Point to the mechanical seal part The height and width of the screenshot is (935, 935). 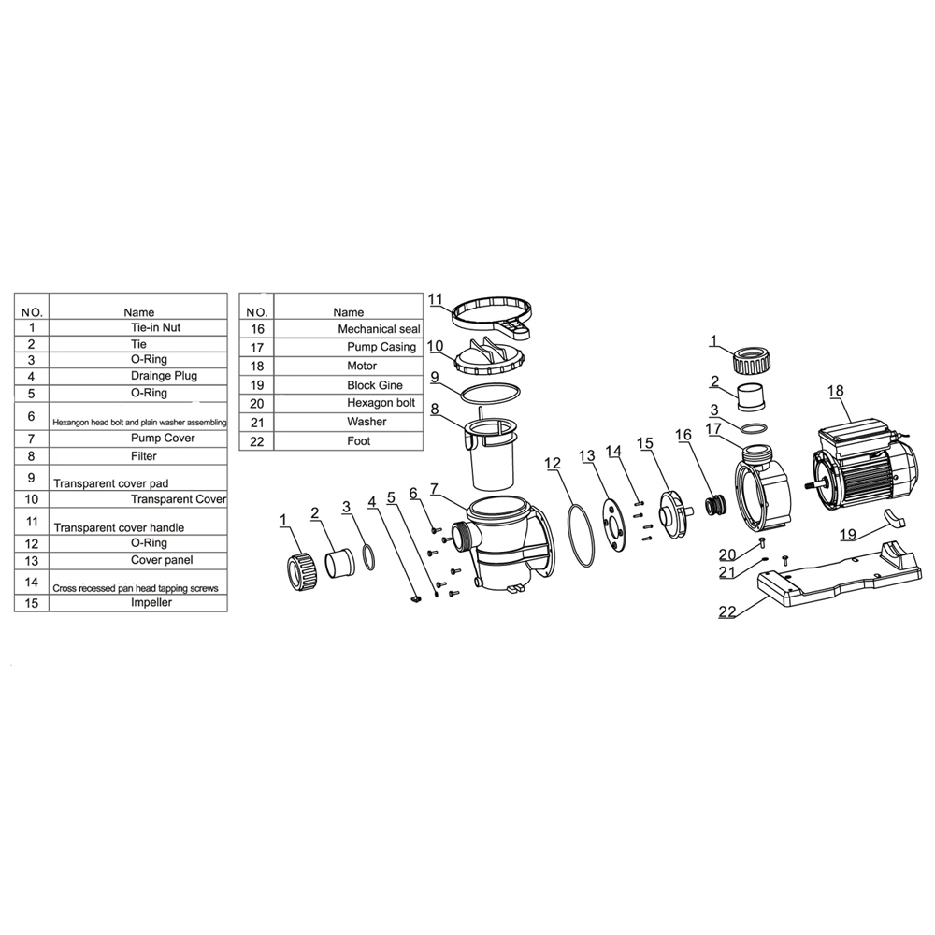point(715,506)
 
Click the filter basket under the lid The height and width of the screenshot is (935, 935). point(491,453)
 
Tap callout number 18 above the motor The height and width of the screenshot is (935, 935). point(835,391)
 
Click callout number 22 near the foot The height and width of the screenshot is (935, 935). point(726,611)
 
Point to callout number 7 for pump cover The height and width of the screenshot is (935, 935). point(434,489)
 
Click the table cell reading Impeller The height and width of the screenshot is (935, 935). point(151,602)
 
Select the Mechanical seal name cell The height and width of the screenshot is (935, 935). point(379,328)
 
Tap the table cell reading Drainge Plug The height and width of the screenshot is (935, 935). point(164,376)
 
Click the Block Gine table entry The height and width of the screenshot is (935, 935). point(375,385)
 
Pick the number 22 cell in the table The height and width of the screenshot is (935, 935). point(256,441)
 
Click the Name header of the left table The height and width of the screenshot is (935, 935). point(139,312)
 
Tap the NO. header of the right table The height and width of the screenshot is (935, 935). point(257,312)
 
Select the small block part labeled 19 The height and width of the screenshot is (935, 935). point(893,519)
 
